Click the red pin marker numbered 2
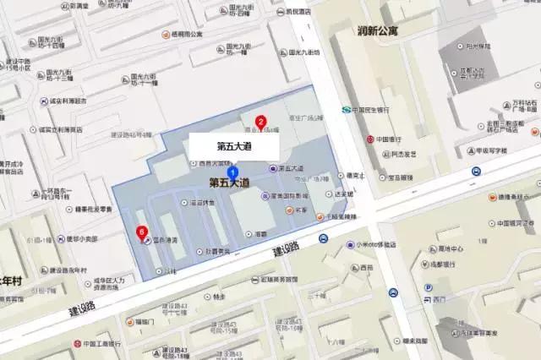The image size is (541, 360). tap(261, 121)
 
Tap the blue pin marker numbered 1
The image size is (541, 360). tap(233, 172)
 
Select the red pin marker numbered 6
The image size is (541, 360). tap(142, 230)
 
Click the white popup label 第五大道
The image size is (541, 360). tap(234, 145)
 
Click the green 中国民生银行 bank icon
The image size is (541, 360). tap(346, 109)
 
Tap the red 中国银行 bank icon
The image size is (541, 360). tap(369, 139)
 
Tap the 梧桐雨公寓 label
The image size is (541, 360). tap(188, 35)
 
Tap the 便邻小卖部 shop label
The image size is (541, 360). tap(82, 239)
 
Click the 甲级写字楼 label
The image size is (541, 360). tap(489, 151)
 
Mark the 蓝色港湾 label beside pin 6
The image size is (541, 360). tap(164, 239)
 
